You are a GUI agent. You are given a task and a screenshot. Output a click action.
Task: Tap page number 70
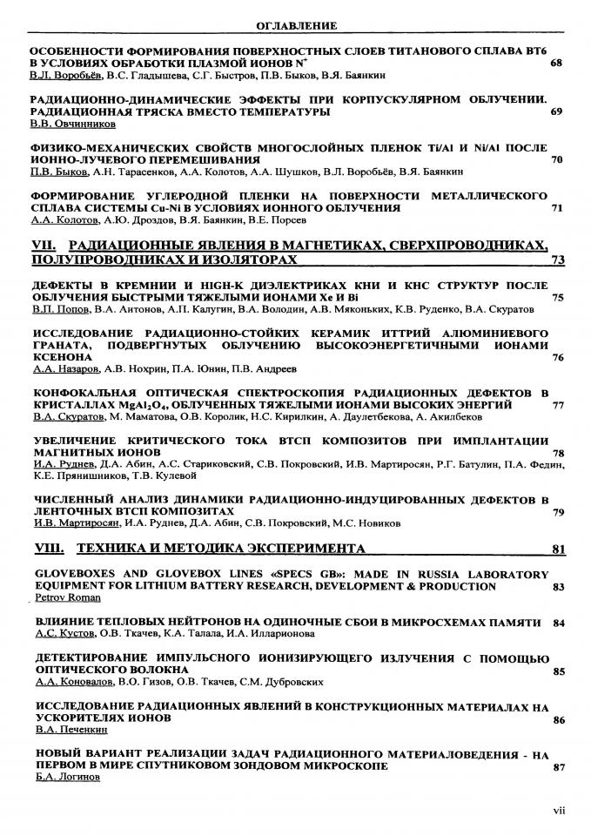pyautogui.click(x=556, y=160)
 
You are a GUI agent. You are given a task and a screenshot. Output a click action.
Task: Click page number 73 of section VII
pyautogui.click(x=557, y=260)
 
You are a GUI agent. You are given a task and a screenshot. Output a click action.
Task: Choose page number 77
pyautogui.click(x=557, y=405)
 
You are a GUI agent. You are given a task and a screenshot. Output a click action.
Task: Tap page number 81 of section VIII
pyautogui.click(x=557, y=549)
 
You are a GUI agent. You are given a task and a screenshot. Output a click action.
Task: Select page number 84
pyautogui.click(x=558, y=624)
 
